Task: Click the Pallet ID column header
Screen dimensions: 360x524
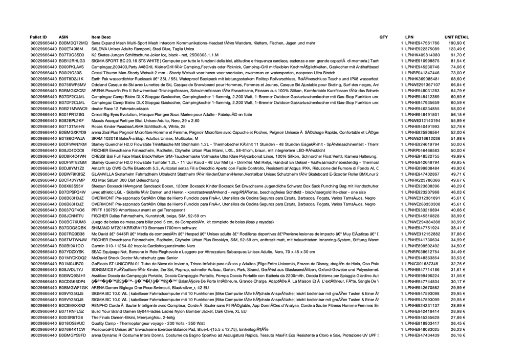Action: point(38,37)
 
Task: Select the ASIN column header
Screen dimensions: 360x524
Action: point(64,37)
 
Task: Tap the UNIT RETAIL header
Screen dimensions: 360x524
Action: point(456,37)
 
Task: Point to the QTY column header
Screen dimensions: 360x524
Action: point(383,37)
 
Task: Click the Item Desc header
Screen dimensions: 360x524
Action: point(101,37)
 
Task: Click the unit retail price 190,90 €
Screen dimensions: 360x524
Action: point(457,44)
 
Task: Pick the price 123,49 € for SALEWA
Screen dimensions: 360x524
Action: point(457,49)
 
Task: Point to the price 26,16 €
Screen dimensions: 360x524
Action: point(457,335)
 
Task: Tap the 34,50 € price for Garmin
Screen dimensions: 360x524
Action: point(457,246)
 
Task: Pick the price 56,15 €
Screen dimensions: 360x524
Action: point(457,115)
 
